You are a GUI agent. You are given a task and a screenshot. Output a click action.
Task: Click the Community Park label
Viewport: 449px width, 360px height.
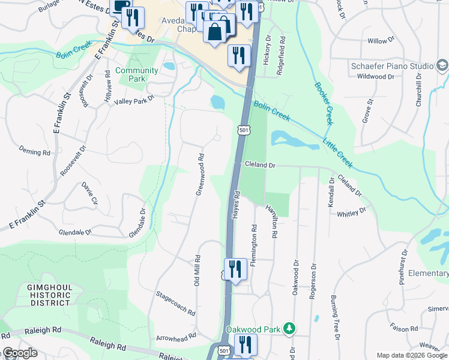pos(137,74)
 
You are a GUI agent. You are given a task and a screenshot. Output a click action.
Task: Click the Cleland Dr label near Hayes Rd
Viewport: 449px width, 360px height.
pos(259,164)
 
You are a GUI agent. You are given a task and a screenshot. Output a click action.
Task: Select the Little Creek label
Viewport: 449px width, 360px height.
pos(338,152)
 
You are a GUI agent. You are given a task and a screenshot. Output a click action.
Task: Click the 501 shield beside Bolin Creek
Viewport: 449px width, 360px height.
pos(243,130)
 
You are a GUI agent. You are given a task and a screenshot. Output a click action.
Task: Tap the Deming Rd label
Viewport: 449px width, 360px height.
pos(34,152)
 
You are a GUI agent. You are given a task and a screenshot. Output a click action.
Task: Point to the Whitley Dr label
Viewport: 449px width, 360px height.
pos(352,213)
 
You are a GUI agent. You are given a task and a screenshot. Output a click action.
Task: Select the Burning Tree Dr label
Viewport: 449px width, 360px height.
pos(335,315)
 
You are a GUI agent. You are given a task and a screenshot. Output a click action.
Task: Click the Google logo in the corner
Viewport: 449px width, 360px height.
pos(19,353)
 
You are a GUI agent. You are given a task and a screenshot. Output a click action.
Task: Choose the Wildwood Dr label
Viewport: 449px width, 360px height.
pos(375,77)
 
